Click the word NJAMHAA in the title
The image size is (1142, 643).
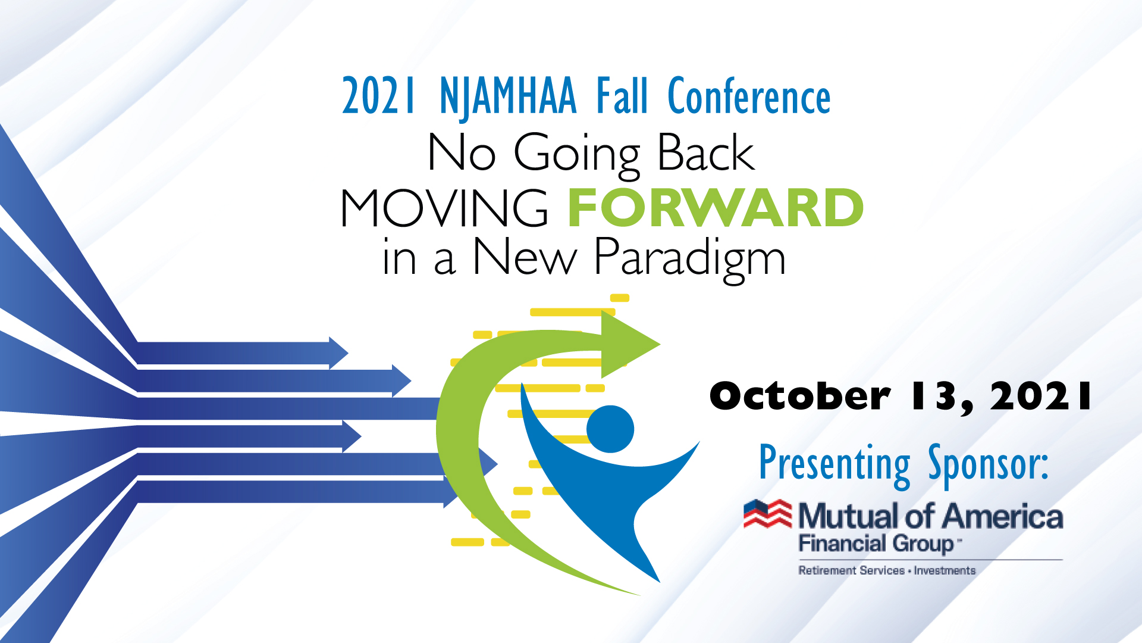[508, 97]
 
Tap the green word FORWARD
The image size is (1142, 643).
[716, 207]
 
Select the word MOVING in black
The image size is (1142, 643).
[444, 208]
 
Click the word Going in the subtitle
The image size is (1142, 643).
[576, 154]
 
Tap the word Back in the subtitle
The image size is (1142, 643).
[706, 152]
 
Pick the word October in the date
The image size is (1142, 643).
[800, 396]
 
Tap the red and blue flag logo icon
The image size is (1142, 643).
[768, 514]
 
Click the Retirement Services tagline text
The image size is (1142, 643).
[851, 570]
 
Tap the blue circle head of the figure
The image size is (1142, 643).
[610, 429]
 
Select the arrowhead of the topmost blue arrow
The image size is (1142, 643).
[338, 353]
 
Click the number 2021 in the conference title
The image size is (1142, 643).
[378, 96]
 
